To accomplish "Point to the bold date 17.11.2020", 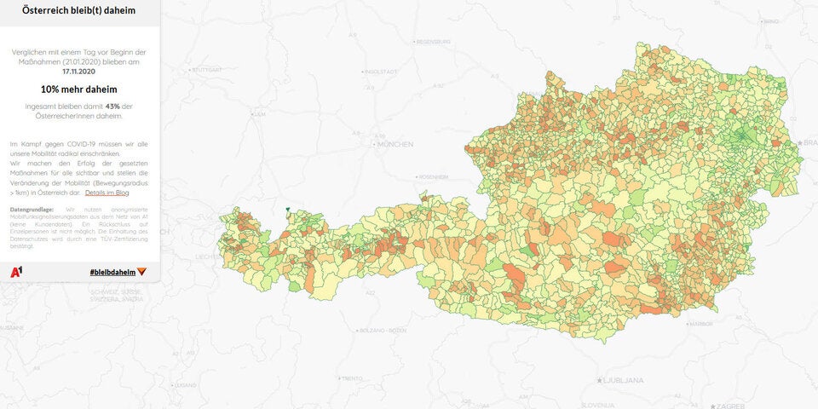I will (x=78, y=72).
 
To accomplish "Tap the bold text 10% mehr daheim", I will (x=78, y=89).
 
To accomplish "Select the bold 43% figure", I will (x=111, y=107).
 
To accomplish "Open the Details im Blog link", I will (x=107, y=193).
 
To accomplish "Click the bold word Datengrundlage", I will (x=32, y=209).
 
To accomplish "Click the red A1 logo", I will (x=16, y=271).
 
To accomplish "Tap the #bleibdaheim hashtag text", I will (x=112, y=271).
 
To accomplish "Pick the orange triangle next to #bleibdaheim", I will (x=142, y=271).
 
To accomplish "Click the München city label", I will (x=395, y=145).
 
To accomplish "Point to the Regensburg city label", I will (x=432, y=41).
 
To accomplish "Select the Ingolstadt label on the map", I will (x=381, y=72).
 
